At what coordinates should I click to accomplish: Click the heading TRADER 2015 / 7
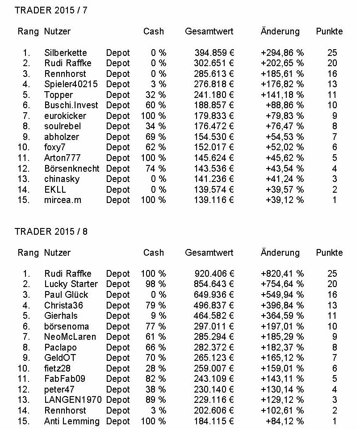click(x=51, y=10)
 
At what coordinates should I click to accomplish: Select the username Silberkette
click(x=66, y=53)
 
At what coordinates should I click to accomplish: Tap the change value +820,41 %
click(x=282, y=274)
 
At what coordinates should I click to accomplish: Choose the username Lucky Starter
click(x=71, y=284)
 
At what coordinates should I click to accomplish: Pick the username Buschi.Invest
click(x=71, y=106)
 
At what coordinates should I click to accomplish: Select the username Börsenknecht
click(x=72, y=169)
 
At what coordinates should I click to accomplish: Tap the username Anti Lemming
click(x=72, y=421)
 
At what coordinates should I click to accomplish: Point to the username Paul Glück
click(x=67, y=295)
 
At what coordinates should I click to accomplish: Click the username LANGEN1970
click(x=73, y=400)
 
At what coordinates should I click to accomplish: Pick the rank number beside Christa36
click(x=26, y=305)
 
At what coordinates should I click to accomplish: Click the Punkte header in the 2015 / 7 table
click(x=329, y=31)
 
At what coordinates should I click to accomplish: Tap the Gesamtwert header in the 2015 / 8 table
click(x=209, y=253)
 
